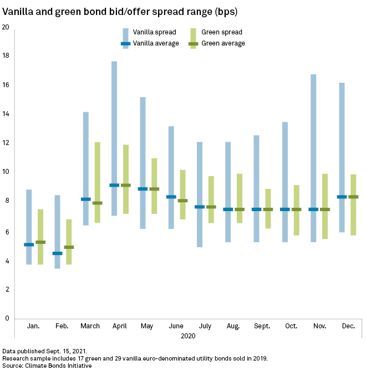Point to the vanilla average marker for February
pos(57,253)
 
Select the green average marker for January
pos(40,242)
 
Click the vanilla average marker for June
pos(171,197)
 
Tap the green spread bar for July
pos(211,192)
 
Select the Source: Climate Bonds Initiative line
pos(47,366)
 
